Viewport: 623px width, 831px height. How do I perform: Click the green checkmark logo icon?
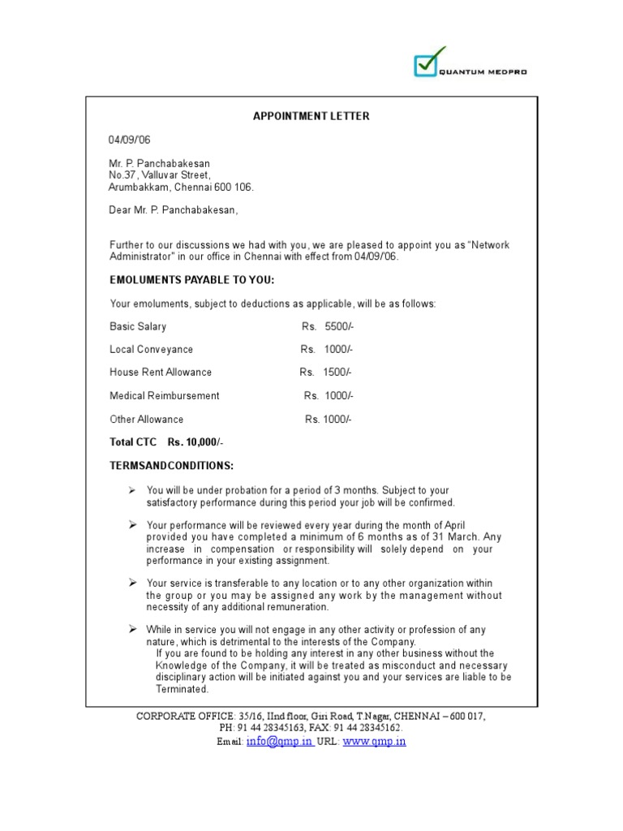428,62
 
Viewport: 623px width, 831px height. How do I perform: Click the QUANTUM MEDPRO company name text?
484,72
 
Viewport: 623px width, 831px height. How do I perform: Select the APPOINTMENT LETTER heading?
311,116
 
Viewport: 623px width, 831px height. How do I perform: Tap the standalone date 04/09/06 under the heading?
130,140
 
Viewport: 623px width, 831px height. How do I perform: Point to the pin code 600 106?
235,187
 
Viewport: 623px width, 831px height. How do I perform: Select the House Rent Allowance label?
161,372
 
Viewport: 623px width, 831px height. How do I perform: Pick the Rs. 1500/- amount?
325,372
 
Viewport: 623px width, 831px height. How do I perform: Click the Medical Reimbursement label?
165,396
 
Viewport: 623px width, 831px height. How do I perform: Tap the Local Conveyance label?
152,350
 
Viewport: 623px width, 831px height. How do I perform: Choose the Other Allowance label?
147,420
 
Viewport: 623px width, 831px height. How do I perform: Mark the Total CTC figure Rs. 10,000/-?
195,442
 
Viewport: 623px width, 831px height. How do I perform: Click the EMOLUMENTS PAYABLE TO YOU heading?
192,280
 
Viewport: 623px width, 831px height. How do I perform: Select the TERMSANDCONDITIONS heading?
171,466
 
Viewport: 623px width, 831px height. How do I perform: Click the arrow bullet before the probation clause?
132,490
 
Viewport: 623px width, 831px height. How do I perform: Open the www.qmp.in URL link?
375,742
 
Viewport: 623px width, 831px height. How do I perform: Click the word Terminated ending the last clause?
183,689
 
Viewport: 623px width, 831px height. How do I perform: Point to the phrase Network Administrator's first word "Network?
488,245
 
